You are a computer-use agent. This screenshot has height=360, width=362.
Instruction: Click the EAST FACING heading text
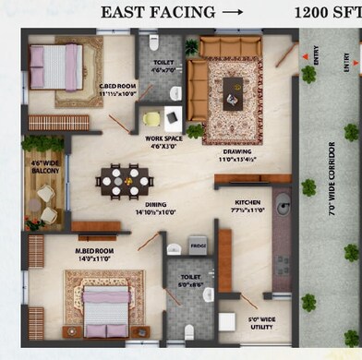pyautogui.click(x=158, y=12)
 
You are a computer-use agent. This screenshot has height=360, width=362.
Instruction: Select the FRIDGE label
pyautogui.click(x=197, y=246)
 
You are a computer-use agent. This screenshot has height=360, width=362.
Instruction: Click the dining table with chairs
pyautogui.click(x=125, y=180)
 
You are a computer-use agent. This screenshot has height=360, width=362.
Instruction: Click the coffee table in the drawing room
pyautogui.click(x=233, y=91)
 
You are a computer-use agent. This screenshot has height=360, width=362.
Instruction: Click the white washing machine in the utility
pyautogui.click(x=226, y=322)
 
